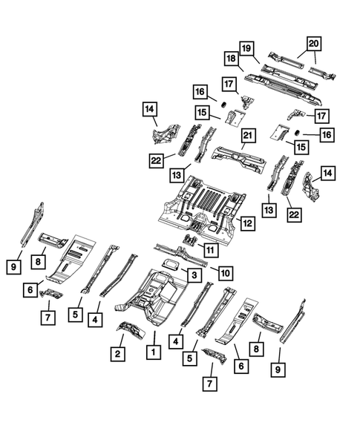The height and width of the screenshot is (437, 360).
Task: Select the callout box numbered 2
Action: (117, 355)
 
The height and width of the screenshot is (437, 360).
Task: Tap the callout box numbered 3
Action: (192, 275)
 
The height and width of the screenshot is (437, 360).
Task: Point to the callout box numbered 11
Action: (212, 250)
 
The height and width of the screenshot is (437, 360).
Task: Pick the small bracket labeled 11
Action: (190, 239)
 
